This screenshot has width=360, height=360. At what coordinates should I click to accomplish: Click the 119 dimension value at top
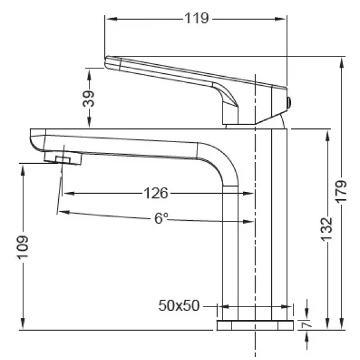(196, 19)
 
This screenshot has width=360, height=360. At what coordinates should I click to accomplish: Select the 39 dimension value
(89, 98)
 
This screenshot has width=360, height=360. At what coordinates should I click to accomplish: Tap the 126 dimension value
(156, 193)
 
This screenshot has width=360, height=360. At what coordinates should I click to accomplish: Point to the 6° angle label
(161, 219)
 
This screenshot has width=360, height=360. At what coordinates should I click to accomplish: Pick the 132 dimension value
(326, 229)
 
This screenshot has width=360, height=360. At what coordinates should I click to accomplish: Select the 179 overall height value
(342, 193)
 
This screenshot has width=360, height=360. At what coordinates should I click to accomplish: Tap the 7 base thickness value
(307, 325)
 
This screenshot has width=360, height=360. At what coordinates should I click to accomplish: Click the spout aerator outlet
(62, 159)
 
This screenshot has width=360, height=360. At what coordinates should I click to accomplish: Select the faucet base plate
(255, 325)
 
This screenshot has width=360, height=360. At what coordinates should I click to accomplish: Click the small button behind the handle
(290, 102)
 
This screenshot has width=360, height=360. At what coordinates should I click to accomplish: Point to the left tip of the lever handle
(108, 61)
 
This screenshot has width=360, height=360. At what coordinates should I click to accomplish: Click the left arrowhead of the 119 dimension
(109, 19)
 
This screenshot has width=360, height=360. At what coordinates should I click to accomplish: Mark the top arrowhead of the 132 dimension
(326, 133)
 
